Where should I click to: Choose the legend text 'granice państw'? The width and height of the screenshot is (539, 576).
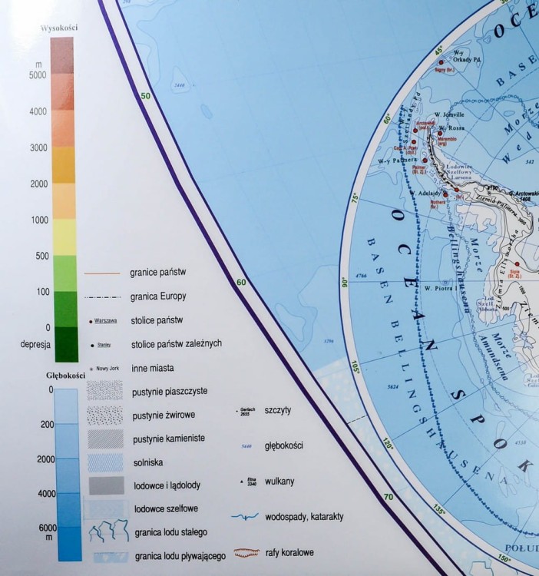coord(165,272)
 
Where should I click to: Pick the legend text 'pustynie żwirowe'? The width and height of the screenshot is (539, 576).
coord(164,415)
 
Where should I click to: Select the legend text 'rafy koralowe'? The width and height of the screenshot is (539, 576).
coord(289,551)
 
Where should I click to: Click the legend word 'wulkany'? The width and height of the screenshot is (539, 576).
coord(279,482)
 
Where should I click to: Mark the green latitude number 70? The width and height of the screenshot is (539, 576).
coord(388,498)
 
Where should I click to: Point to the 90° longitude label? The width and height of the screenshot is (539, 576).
coord(345,283)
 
